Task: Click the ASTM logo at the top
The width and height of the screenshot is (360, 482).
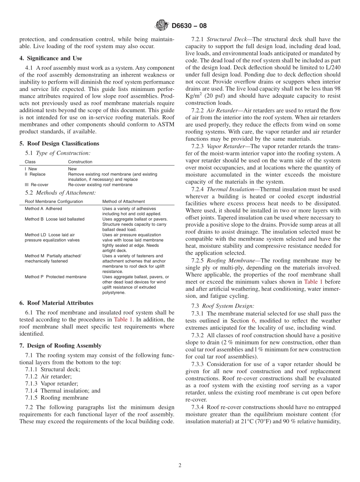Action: point(161,26)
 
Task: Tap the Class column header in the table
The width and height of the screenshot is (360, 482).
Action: point(30,162)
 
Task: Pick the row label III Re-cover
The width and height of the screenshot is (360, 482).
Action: point(36,185)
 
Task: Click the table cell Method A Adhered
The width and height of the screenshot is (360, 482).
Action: point(43,209)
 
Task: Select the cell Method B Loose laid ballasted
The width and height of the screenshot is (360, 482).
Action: point(55,219)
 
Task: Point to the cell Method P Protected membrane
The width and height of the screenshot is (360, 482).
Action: point(55,277)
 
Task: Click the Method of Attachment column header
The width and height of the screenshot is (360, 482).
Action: point(124,202)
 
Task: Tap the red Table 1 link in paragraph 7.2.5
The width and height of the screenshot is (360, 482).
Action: point(313,282)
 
